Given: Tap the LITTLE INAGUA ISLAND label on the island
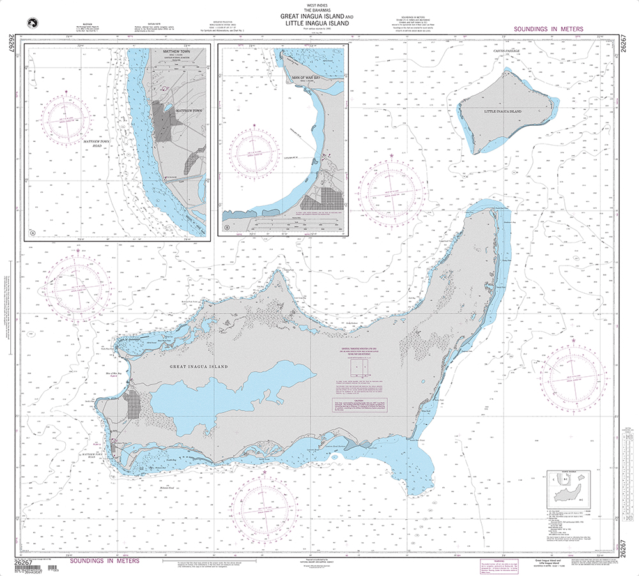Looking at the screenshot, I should click(x=503, y=111).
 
